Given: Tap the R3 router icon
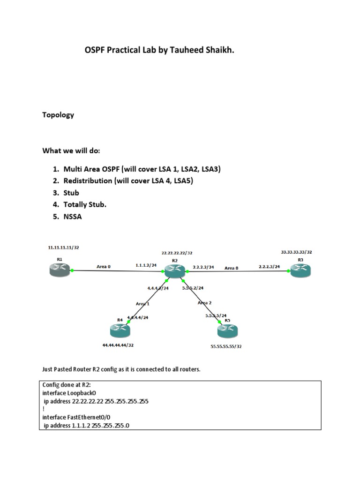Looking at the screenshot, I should pos(300,270).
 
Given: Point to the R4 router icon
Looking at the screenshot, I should pos(120,331).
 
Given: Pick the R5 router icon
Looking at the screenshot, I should pos(228,331).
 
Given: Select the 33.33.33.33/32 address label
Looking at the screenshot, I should pos(297,252).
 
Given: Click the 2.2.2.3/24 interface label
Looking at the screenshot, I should pos(269,267).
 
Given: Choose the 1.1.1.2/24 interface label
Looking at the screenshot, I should pos(145,265).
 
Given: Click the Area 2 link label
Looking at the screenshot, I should pos(205,303).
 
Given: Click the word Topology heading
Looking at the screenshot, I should pos(58,115).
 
